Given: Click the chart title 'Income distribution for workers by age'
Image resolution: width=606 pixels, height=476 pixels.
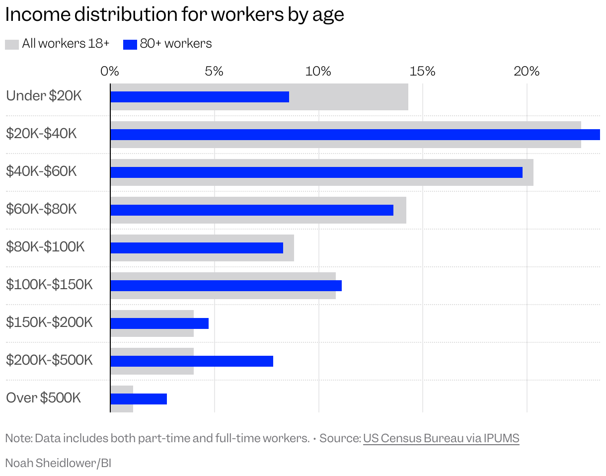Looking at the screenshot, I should click(x=174, y=14).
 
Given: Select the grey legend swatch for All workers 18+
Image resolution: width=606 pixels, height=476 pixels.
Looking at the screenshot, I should click(x=12, y=44).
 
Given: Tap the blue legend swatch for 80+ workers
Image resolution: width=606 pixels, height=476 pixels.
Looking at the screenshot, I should click(x=130, y=44).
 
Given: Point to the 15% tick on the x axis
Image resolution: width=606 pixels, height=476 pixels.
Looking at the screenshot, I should click(x=422, y=71).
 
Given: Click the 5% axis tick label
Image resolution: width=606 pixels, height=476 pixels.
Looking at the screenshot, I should click(x=214, y=71).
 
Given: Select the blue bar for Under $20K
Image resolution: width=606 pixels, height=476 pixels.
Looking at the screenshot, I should click(x=199, y=97).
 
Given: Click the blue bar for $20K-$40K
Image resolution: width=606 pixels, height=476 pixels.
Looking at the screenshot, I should click(x=355, y=135).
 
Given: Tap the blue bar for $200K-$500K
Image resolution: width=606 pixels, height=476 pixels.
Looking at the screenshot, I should click(x=191, y=361).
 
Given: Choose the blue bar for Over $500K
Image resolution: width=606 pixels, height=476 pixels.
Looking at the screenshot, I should click(x=139, y=399).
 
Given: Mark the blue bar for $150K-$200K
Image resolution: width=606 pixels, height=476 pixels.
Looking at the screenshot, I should click(x=159, y=323).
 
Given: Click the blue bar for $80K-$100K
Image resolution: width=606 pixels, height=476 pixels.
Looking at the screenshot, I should click(x=196, y=248).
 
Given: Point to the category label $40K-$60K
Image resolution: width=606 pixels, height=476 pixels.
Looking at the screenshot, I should click(x=41, y=171).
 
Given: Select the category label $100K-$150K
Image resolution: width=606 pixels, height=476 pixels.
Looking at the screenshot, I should click(x=49, y=285).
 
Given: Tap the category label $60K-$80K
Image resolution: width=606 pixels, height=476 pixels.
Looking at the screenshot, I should click(x=41, y=209).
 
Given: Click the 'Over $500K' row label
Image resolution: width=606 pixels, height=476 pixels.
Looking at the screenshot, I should click(x=43, y=398).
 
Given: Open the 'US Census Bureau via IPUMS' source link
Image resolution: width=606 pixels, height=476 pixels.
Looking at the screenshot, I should click(x=441, y=438).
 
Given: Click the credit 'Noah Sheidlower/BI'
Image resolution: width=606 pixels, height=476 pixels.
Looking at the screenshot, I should click(x=58, y=463).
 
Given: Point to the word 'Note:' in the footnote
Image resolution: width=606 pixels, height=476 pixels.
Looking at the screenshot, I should click(x=18, y=438).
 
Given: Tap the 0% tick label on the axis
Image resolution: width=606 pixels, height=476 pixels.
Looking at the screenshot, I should click(x=110, y=71).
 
